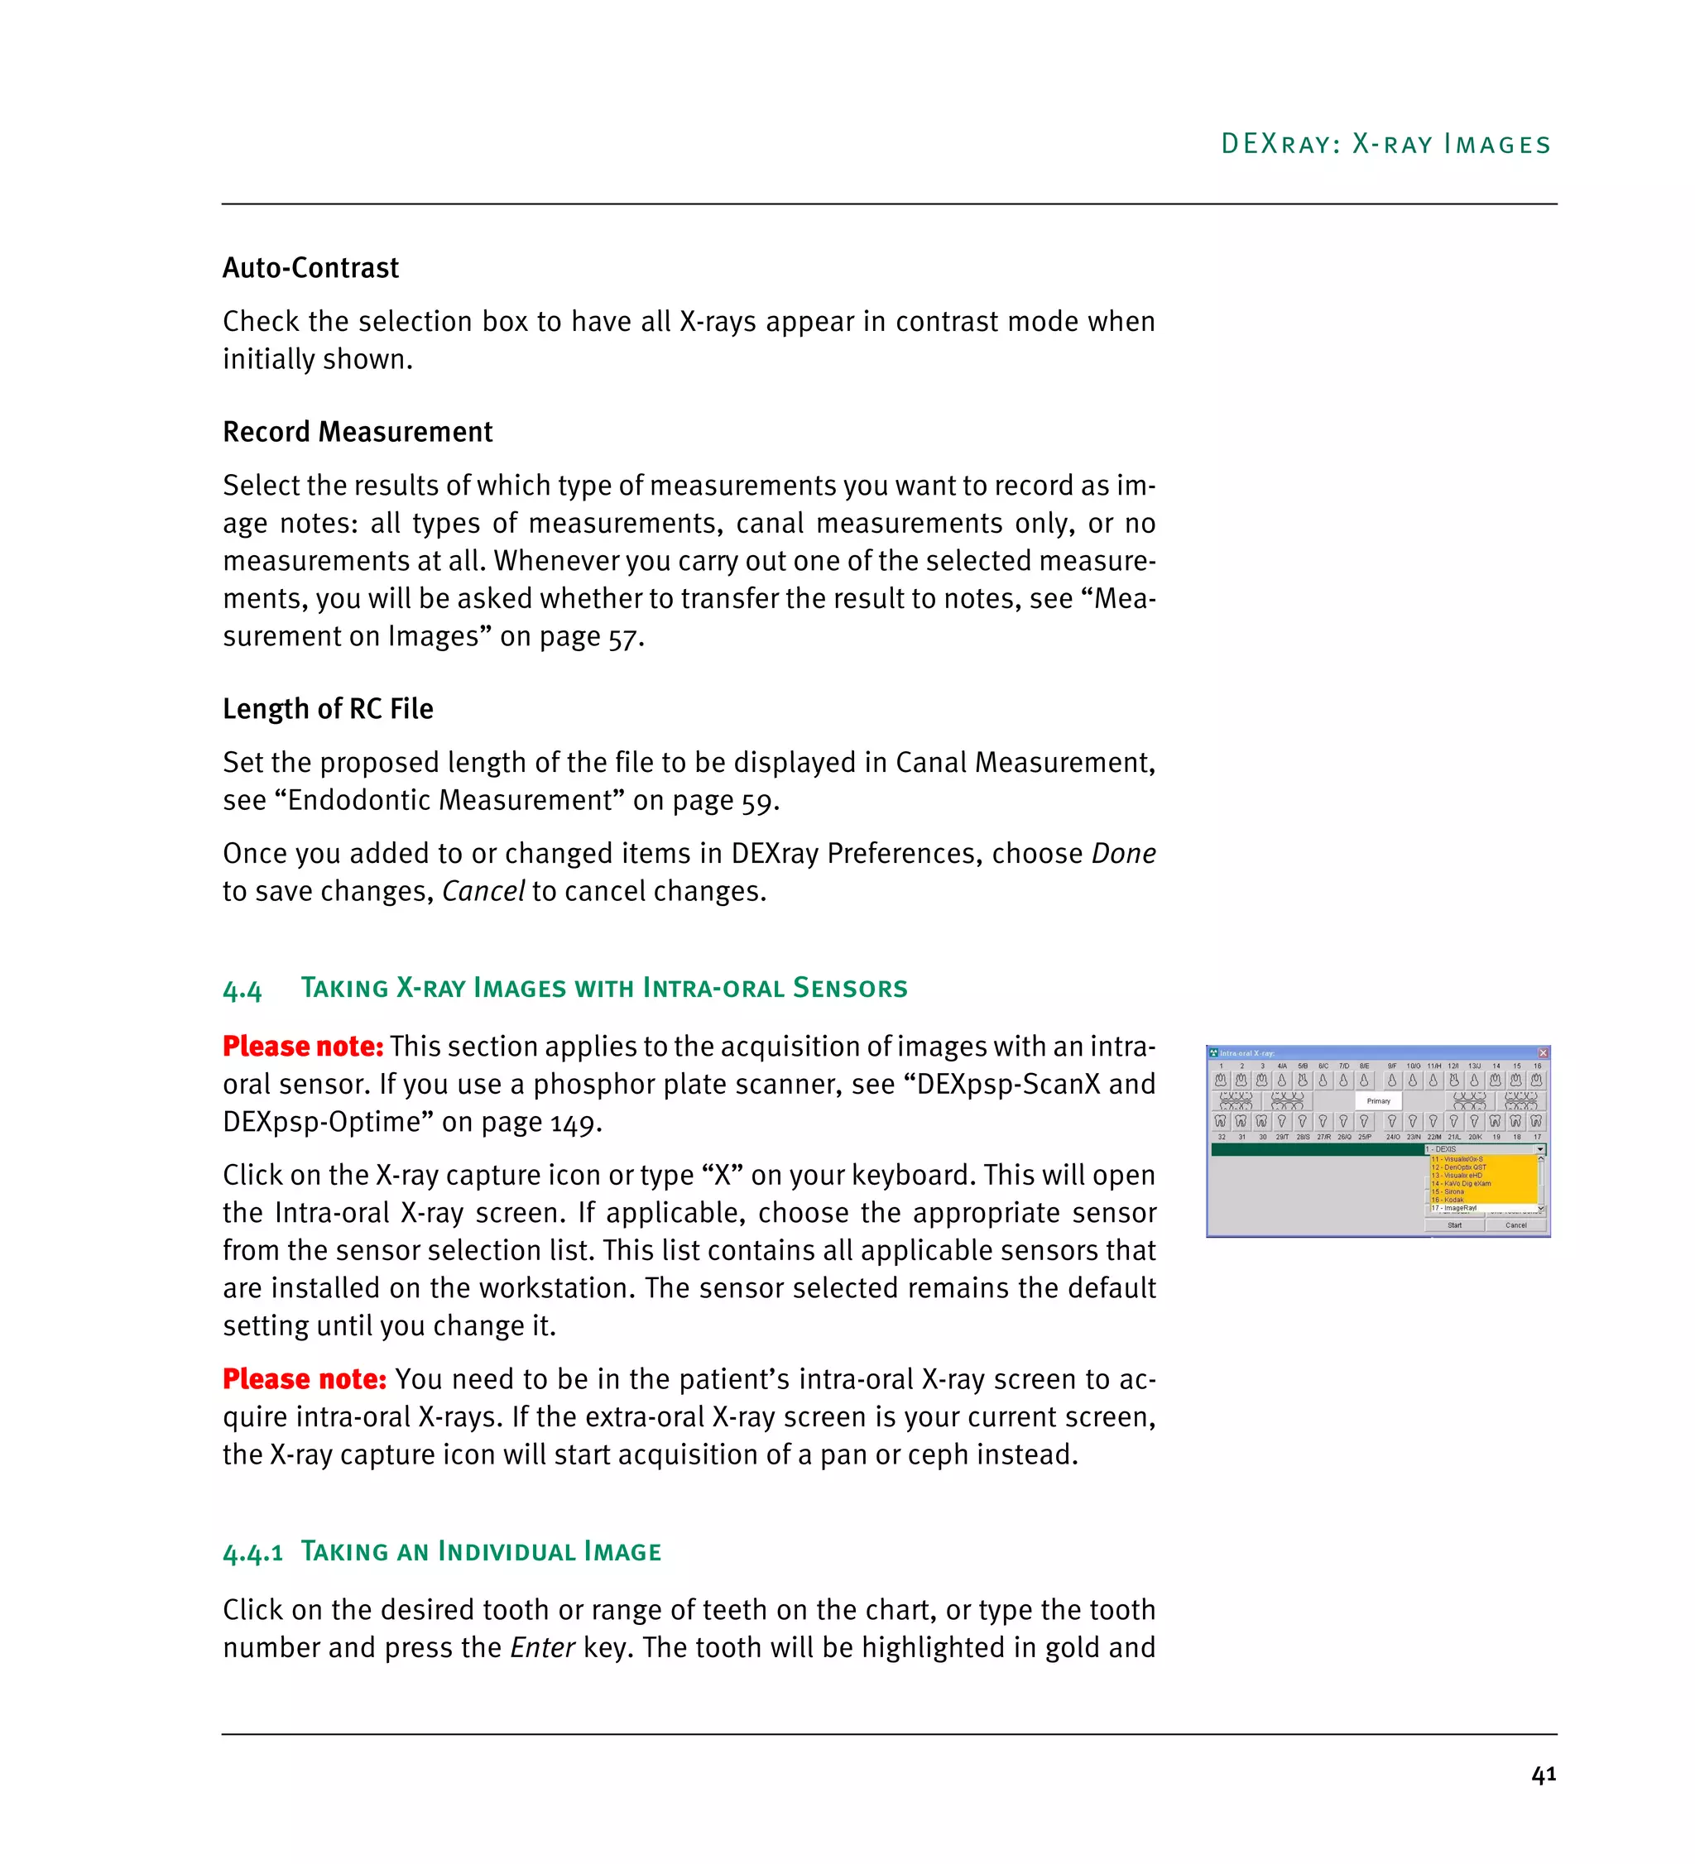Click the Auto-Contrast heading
click(x=310, y=268)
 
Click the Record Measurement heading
click(x=357, y=432)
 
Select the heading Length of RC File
click(x=328, y=708)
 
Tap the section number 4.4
click(x=242, y=990)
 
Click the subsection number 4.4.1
click(x=252, y=1552)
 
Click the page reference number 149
click(x=574, y=1123)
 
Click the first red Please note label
click(x=302, y=1047)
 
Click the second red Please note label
click(x=305, y=1379)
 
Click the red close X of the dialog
click(x=1543, y=1053)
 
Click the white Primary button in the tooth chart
click(x=1378, y=1100)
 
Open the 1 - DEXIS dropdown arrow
click(x=1539, y=1149)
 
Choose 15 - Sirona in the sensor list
click(x=1453, y=1192)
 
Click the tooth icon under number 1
click(x=1221, y=1080)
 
